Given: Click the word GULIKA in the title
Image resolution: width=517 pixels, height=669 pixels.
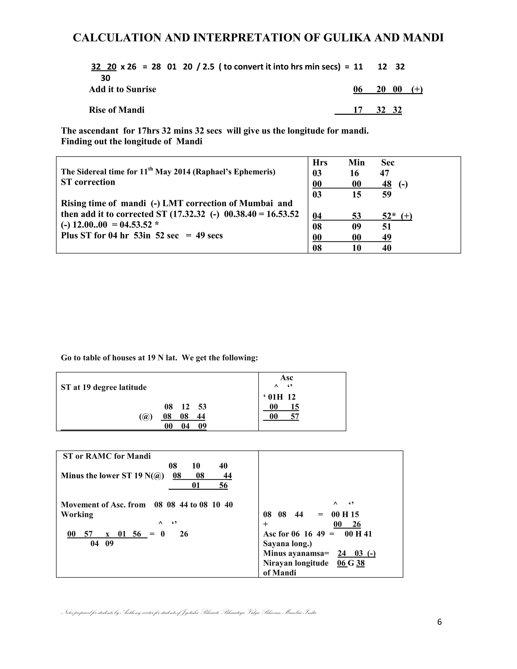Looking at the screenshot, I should (x=348, y=38).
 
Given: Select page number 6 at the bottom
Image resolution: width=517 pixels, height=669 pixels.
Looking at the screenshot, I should (x=440, y=622).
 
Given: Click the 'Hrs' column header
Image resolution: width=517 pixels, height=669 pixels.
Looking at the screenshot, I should (x=320, y=163).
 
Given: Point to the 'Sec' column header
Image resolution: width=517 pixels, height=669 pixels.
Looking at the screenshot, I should (x=388, y=163).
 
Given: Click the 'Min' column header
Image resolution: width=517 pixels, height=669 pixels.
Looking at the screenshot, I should (x=356, y=163).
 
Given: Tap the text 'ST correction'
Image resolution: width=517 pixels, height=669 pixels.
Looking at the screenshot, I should (x=88, y=182).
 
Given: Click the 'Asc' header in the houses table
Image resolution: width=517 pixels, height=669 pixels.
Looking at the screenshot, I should (x=287, y=378).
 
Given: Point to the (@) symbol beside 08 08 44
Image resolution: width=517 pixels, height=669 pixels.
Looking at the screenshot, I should (x=146, y=417).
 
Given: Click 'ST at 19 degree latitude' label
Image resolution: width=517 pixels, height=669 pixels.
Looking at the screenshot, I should (x=104, y=388).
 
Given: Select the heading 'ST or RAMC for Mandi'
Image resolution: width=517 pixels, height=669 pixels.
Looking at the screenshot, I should (x=107, y=456).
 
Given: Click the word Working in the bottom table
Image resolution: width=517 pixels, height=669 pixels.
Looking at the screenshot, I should (x=77, y=514).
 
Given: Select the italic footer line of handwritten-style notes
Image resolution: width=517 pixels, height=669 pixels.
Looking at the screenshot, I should (x=189, y=612).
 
